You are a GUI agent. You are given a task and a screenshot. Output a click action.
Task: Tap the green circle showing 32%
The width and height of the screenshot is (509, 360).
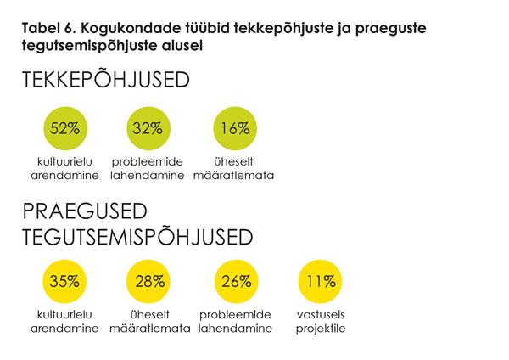pyautogui.click(x=148, y=129)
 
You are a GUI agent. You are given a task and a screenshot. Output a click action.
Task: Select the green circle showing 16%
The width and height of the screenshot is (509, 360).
pyautogui.click(x=233, y=129)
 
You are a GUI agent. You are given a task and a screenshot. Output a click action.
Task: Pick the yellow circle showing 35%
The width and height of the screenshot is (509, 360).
pyautogui.click(x=64, y=281)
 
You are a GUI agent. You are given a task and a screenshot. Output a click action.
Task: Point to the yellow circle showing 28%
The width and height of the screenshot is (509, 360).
pyautogui.click(x=148, y=281)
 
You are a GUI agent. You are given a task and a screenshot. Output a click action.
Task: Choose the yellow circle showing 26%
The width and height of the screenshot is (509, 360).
pyautogui.click(x=233, y=281)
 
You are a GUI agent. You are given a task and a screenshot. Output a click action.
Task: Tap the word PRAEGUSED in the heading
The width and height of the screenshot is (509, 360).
pyautogui.click(x=85, y=211)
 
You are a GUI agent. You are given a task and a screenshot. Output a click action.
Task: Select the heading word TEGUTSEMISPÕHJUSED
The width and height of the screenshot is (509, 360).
pyautogui.click(x=139, y=235)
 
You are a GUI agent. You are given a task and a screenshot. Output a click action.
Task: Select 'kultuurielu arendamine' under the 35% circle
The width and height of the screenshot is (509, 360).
pyautogui.click(x=64, y=322)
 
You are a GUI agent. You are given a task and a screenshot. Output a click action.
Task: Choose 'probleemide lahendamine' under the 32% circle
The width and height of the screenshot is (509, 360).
pyautogui.click(x=148, y=169)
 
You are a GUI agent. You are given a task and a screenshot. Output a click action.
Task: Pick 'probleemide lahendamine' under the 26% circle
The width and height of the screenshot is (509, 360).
pyautogui.click(x=233, y=322)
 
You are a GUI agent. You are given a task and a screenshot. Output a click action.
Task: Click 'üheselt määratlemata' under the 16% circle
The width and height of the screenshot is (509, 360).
pyautogui.click(x=233, y=169)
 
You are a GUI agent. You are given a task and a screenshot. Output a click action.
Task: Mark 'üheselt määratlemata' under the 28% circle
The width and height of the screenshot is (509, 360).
pyautogui.click(x=148, y=322)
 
